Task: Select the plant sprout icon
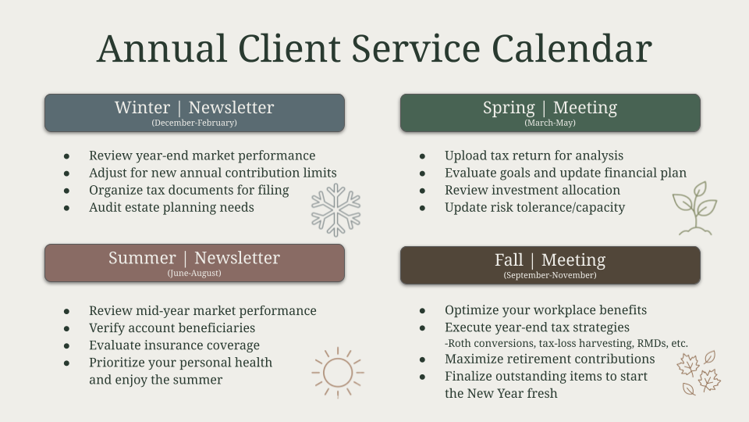point(695,208)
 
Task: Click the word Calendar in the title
point(572,48)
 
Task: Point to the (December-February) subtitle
point(194,123)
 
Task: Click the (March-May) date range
point(550,123)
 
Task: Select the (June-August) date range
point(194,274)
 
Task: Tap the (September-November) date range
point(550,275)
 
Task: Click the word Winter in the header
point(142,108)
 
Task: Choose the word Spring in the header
point(509,108)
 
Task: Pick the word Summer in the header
point(142,258)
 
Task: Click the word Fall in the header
point(509,259)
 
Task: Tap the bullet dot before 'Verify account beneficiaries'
point(66,329)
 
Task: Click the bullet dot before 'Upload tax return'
point(422,156)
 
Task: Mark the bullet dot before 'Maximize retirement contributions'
point(422,359)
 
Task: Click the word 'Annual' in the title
point(162,48)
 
